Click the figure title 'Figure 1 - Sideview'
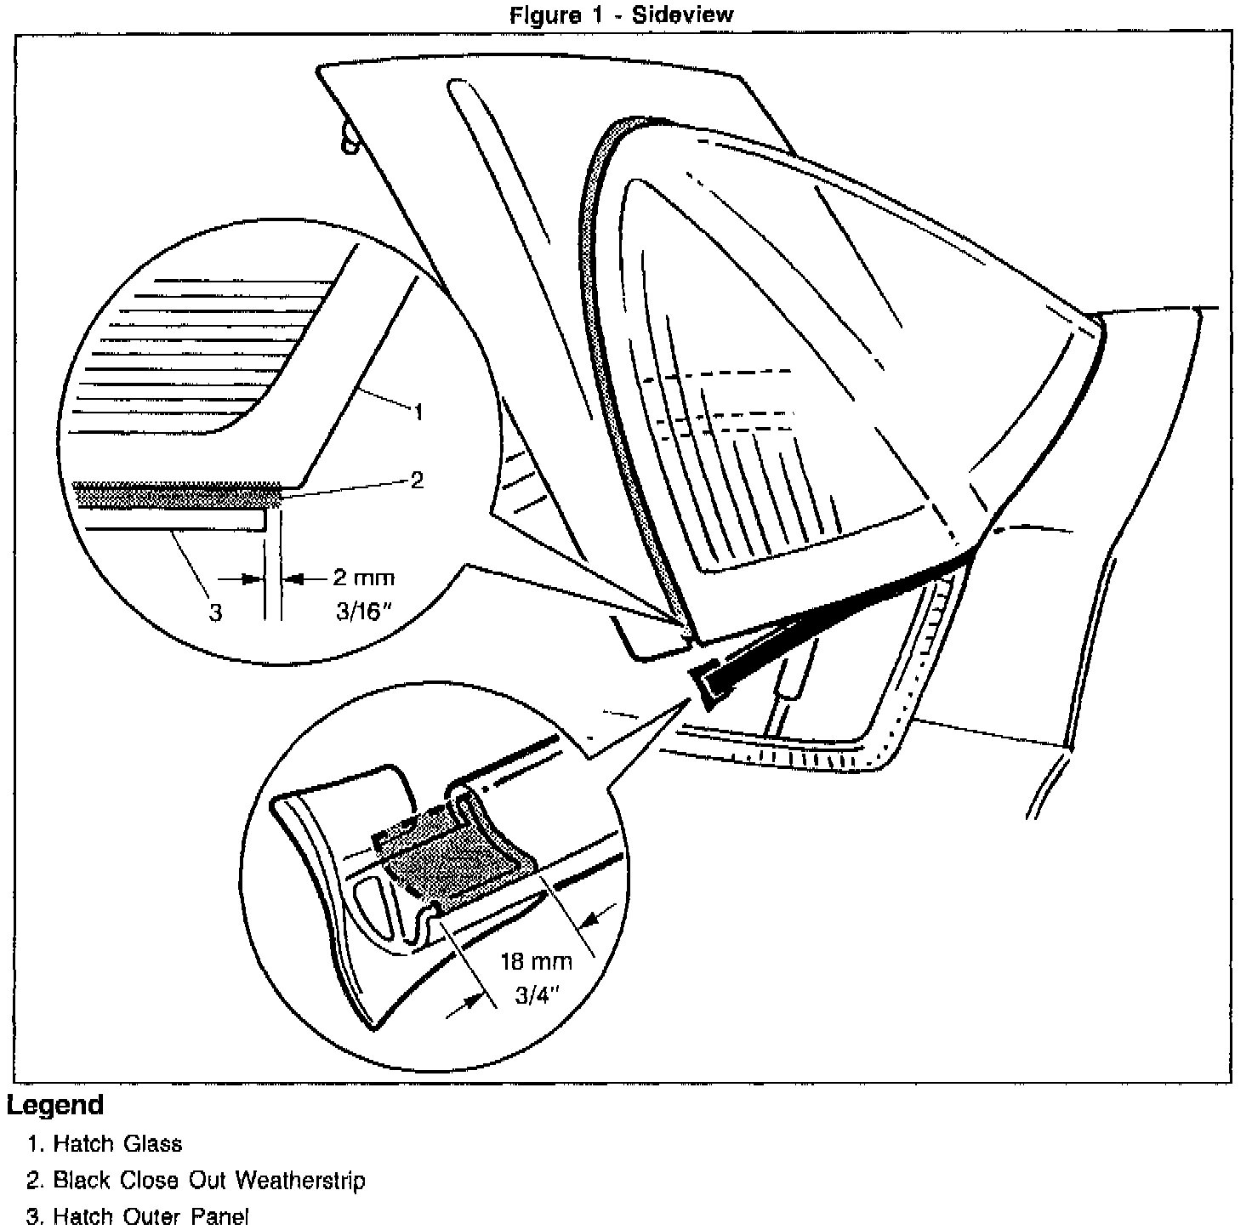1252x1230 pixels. [621, 14]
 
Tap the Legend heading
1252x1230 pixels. [55, 1105]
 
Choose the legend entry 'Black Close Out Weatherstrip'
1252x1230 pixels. [209, 1181]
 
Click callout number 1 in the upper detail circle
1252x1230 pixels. [418, 413]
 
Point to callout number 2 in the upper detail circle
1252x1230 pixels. [417, 480]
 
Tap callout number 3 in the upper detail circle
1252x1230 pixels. [216, 612]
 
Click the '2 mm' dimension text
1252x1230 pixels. [363, 578]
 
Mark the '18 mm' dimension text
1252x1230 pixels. [536, 962]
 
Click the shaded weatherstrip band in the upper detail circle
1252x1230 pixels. [179, 494]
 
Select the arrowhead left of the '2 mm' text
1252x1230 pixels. [250, 578]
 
